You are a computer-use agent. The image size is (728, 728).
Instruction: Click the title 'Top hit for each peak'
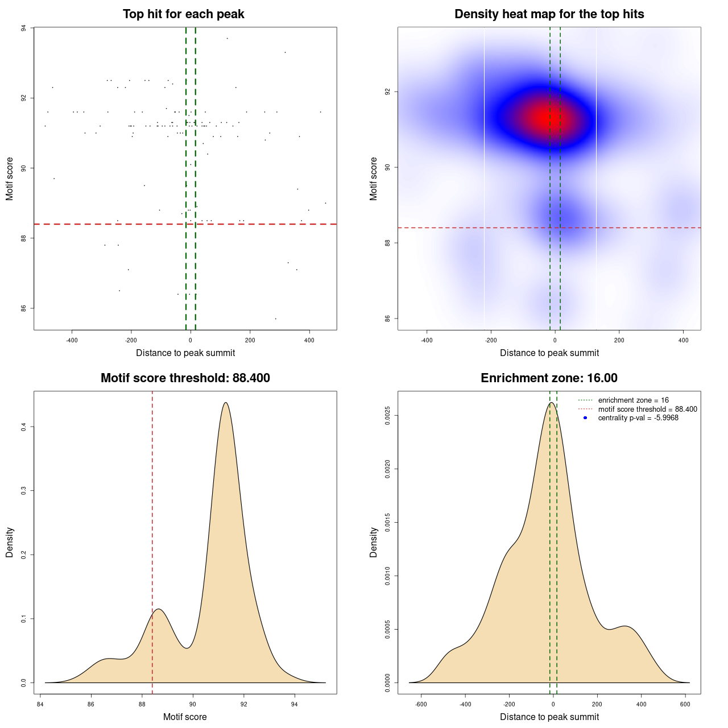pyautogui.click(x=183, y=14)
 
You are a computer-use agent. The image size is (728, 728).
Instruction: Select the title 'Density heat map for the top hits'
pyautogui.click(x=549, y=14)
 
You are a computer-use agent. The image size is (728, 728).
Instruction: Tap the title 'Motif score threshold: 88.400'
pyautogui.click(x=185, y=378)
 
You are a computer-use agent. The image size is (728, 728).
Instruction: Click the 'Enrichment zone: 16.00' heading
pyautogui.click(x=549, y=378)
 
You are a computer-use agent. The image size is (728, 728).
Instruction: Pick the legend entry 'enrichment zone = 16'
pyautogui.click(x=633, y=400)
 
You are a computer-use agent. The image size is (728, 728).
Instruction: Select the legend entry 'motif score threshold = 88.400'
pyautogui.click(x=647, y=409)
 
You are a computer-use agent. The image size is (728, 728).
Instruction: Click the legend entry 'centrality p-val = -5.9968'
pyautogui.click(x=638, y=418)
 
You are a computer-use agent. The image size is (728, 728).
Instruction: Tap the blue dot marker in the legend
pyautogui.click(x=585, y=418)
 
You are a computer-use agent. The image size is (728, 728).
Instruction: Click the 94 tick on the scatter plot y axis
pyautogui.click(x=24, y=28)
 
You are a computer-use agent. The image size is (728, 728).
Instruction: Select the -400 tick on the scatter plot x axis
pyautogui.click(x=72, y=340)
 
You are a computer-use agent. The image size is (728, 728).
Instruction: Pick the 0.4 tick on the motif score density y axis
pyautogui.click(x=24, y=427)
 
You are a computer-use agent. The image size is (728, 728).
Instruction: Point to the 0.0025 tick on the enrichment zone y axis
pyautogui.click(x=388, y=416)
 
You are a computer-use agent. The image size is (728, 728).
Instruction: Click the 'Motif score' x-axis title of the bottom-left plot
pyautogui.click(x=185, y=717)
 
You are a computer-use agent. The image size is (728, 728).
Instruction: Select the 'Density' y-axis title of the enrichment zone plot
pyautogui.click(x=374, y=542)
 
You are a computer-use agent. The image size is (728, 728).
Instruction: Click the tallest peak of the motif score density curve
pyautogui.click(x=226, y=403)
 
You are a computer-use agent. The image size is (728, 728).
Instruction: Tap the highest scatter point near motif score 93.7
pyautogui.click(x=227, y=38)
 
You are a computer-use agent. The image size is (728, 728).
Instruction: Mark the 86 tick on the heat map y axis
pyautogui.click(x=388, y=318)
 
